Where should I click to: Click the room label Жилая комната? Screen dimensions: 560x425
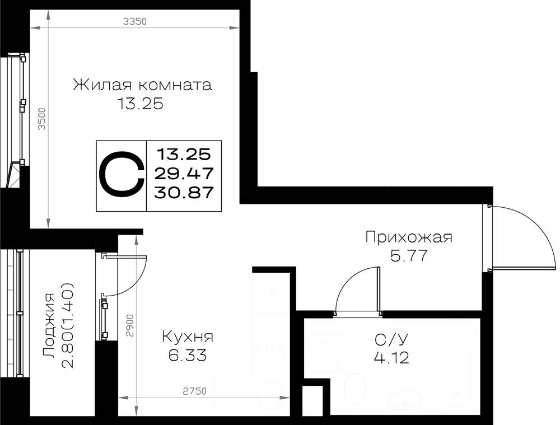click(x=142, y=85)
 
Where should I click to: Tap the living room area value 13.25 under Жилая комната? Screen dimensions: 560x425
click(x=140, y=104)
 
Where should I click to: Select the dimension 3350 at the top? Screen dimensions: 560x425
click(x=134, y=21)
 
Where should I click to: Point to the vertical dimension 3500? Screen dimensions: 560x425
click(x=42, y=119)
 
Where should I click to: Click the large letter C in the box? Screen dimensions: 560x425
click(x=122, y=176)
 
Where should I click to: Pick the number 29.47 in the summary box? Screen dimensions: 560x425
click(x=184, y=174)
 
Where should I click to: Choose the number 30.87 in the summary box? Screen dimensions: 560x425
click(x=184, y=193)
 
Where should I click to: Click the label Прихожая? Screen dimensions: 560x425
click(x=409, y=237)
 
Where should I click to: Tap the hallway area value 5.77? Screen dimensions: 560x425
click(x=409, y=256)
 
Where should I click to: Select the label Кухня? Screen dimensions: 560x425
click(x=188, y=337)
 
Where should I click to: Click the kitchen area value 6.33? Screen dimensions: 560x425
click(x=188, y=356)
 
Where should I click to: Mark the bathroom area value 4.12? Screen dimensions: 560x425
click(x=391, y=357)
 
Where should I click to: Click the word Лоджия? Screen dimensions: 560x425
click(x=49, y=326)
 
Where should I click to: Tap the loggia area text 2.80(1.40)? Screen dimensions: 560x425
click(x=68, y=326)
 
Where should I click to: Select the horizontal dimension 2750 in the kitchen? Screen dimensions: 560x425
click(x=195, y=391)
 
